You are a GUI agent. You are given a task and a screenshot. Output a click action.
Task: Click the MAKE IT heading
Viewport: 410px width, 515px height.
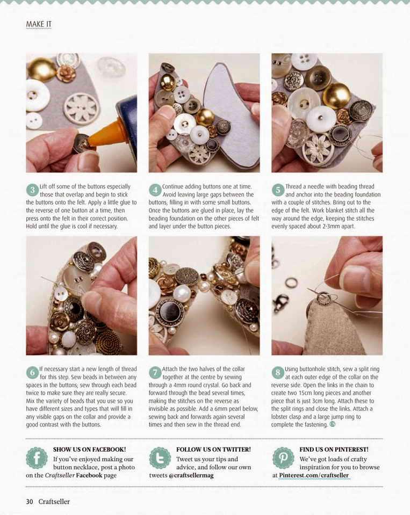39,24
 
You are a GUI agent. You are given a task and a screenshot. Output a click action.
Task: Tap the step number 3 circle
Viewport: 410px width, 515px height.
32,190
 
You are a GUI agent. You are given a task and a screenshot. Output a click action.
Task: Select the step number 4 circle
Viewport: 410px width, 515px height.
155,190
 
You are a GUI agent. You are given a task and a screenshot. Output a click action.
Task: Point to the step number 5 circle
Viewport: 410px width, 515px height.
278,190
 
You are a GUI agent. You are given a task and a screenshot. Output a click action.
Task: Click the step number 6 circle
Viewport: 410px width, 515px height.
32,373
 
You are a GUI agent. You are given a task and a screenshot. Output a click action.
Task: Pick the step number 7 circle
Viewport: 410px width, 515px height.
155,373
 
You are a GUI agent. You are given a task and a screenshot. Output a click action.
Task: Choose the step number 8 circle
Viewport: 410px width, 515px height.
278,373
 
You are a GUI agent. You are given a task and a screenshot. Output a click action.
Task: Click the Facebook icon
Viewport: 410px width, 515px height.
37,458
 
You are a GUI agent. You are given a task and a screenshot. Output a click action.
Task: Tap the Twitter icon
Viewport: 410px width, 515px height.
160,458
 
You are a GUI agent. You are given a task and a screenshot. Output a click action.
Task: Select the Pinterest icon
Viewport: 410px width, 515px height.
283,458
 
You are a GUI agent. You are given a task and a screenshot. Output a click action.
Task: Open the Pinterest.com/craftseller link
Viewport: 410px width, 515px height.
314,475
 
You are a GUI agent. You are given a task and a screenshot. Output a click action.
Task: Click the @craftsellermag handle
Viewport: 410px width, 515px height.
191,475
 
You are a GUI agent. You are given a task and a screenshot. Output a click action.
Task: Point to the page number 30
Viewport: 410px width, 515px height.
30,502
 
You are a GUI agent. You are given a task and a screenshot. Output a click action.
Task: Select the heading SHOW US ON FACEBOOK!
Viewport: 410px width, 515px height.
89,449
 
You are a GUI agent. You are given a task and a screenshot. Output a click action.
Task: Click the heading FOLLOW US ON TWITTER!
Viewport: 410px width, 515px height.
213,449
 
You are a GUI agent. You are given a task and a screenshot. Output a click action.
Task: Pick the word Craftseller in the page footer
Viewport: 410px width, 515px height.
54,502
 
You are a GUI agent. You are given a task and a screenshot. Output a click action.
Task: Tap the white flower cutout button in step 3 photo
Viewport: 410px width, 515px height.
81,107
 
